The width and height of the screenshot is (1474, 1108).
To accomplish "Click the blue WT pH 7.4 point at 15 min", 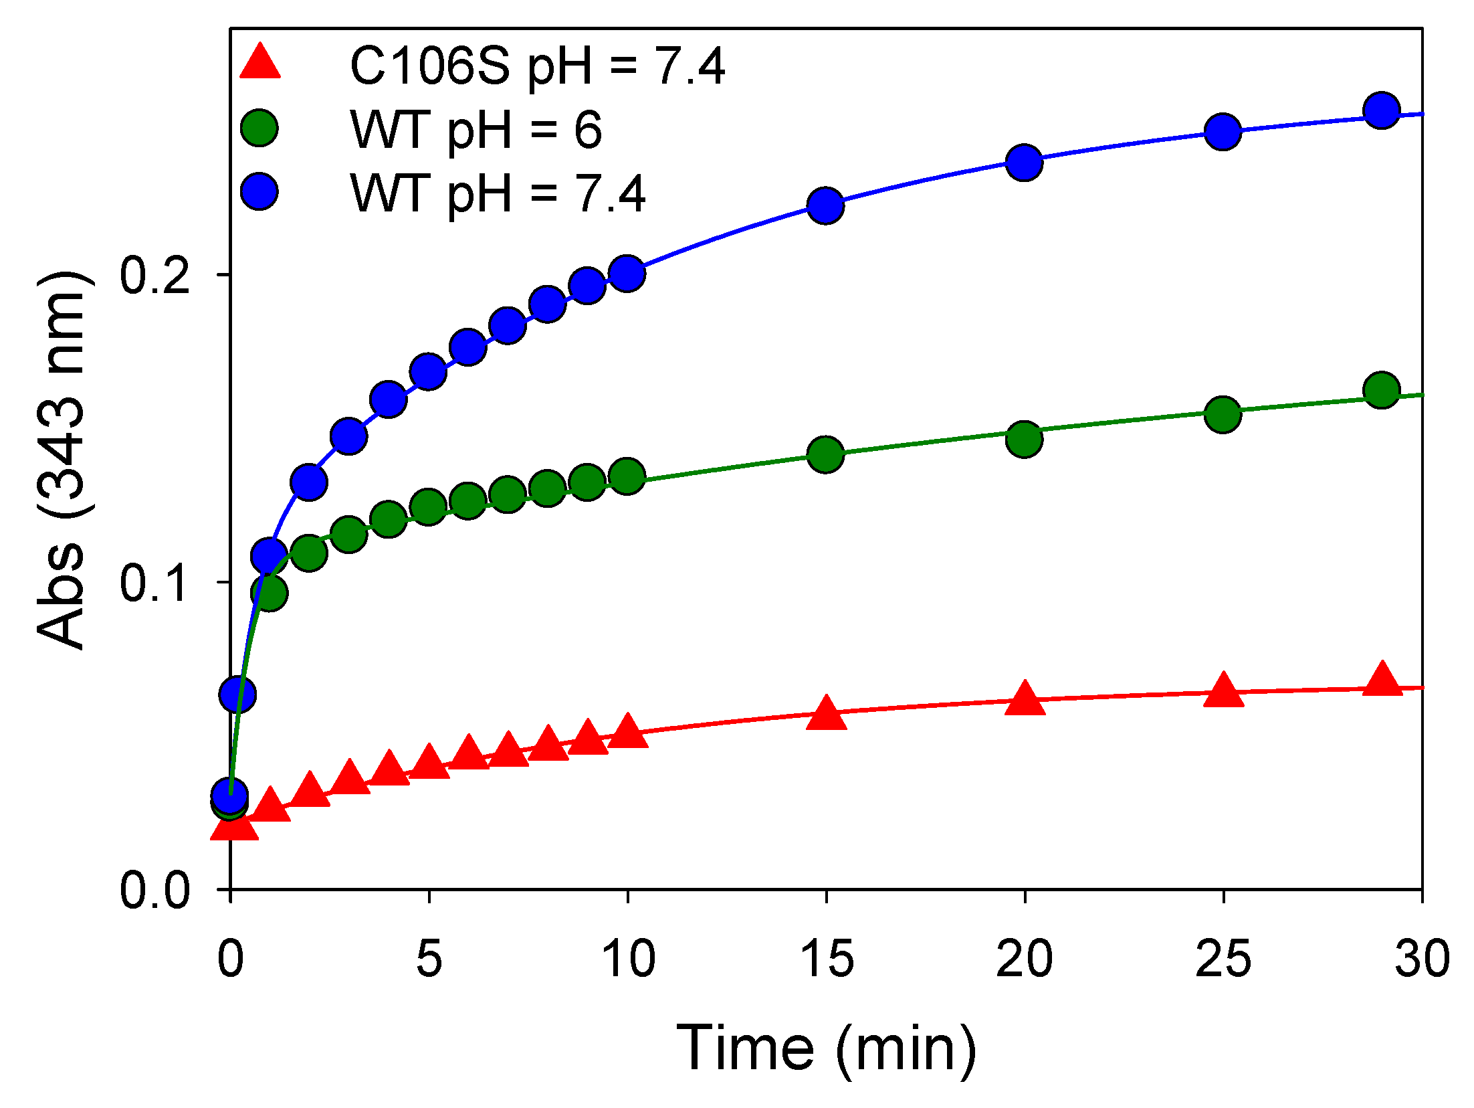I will (825, 205).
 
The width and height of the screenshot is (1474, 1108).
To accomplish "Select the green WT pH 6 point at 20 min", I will (1024, 439).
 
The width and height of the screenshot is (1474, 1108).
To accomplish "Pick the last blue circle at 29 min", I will (1382, 110).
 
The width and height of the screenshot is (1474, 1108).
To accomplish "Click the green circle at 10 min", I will (627, 476).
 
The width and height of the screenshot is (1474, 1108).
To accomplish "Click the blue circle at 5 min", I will (428, 371).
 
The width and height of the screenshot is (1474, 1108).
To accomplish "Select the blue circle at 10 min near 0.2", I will (627, 273).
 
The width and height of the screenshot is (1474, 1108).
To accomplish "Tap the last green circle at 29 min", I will (1382, 389).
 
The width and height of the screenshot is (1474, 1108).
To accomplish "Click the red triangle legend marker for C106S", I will (260, 64).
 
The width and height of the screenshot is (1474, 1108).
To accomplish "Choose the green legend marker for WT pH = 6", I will (259, 127).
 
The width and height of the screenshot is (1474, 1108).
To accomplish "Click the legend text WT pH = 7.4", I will (498, 193).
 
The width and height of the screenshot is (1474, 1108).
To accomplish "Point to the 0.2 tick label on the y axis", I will (154, 275).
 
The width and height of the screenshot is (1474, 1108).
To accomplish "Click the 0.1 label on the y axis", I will (154, 582).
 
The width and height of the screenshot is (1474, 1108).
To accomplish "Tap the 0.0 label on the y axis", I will (154, 890).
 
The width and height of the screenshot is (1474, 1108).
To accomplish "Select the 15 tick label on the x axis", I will (827, 958).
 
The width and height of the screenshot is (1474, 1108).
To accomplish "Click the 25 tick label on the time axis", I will (1223, 958).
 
